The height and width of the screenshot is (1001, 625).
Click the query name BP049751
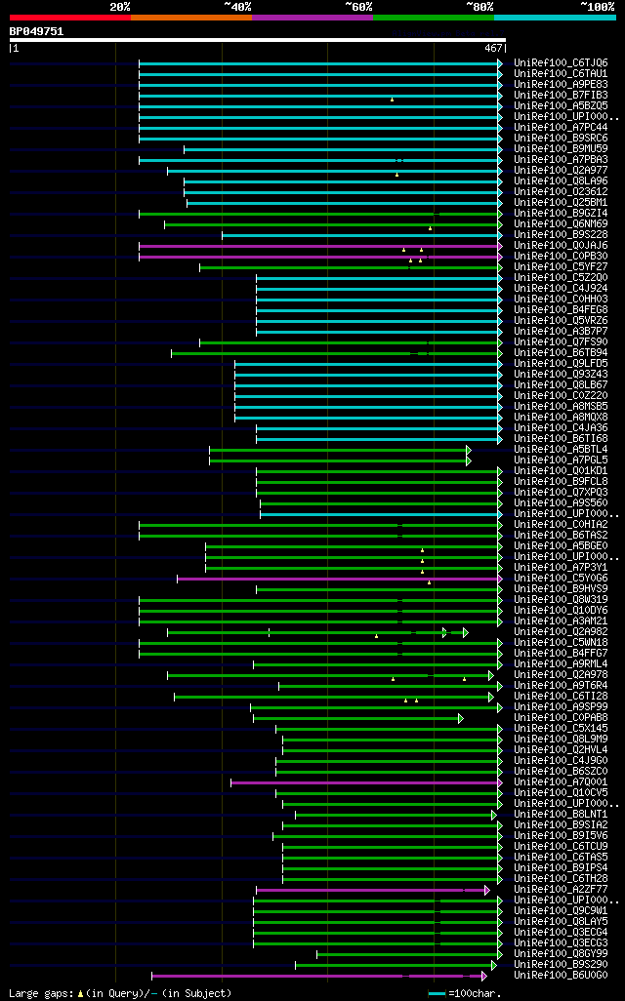coord(36,31)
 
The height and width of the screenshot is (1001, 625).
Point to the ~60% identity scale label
coord(358,7)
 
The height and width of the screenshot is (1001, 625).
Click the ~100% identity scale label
coord(597,7)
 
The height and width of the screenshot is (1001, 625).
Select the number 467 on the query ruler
coord(492,47)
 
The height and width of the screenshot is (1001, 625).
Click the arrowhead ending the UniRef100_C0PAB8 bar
coord(460,718)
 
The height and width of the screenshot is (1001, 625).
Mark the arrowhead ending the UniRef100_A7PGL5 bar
coord(469,460)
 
